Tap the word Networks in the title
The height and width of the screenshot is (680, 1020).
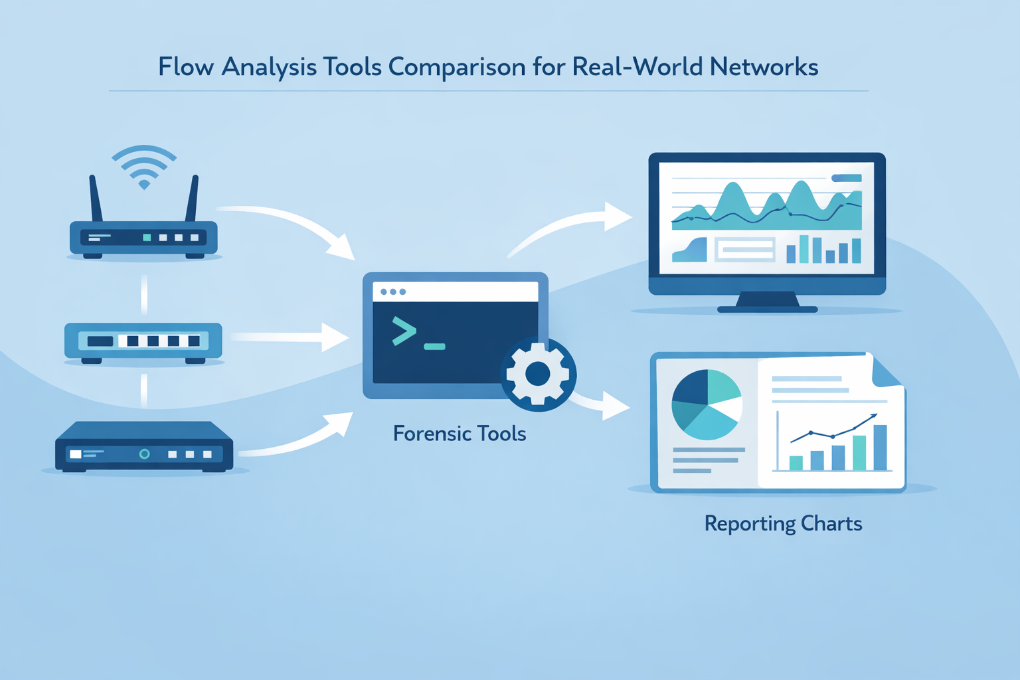pyautogui.click(x=764, y=67)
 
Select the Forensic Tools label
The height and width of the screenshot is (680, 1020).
pyautogui.click(x=459, y=434)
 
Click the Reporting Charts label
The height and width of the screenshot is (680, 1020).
pyautogui.click(x=783, y=523)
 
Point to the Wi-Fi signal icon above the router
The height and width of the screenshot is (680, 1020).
pyautogui.click(x=144, y=167)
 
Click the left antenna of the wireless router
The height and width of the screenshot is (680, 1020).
pyautogui.click(x=96, y=198)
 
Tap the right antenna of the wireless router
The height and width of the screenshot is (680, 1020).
pyautogui.click(x=192, y=198)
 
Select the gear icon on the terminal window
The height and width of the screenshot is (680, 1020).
pyautogui.click(x=538, y=375)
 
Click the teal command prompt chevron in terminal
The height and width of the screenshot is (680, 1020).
pyautogui.click(x=404, y=331)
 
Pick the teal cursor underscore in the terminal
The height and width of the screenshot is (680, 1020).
pyautogui.click(x=434, y=346)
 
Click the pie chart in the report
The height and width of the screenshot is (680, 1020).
pyautogui.click(x=707, y=404)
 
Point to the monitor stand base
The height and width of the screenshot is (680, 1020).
pyautogui.click(x=767, y=307)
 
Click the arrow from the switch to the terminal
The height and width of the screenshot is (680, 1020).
pyautogui.click(x=292, y=337)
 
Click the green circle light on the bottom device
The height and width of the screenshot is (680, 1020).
pyautogui.click(x=144, y=454)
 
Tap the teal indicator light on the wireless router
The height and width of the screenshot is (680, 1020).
pyautogui.click(x=147, y=238)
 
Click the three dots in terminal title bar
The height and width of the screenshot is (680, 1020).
pyautogui.click(x=393, y=292)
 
